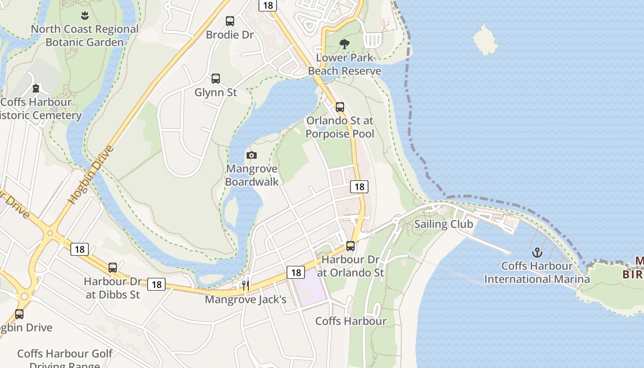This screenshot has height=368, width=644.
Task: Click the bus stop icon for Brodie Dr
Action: click(230, 21)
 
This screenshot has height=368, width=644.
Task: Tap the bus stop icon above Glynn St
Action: click(216, 79)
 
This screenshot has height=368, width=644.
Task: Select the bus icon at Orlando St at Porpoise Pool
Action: click(340, 107)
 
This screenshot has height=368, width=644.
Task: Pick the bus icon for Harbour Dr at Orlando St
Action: click(351, 246)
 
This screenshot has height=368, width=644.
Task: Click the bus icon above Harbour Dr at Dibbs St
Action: click(113, 267)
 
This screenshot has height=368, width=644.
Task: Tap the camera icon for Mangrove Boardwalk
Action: click(251, 155)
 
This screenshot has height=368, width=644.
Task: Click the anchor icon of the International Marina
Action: click(537, 253)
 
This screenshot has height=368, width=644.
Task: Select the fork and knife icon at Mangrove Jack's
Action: click(246, 286)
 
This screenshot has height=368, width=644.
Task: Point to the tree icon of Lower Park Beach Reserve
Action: click(344, 44)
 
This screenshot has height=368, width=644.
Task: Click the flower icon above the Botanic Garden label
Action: click(85, 16)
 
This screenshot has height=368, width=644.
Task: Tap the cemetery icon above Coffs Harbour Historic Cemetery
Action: click(36, 88)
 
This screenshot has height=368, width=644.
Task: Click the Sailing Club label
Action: click(443, 224)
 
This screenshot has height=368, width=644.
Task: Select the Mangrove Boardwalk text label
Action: click(252, 175)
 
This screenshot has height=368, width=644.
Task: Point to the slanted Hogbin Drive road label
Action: click(91, 175)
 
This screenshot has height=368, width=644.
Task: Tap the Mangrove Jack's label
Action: click(246, 299)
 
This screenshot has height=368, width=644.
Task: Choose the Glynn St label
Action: click(216, 92)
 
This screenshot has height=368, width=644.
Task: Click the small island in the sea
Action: click(485, 40)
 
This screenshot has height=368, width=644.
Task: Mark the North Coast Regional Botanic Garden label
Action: click(85, 35)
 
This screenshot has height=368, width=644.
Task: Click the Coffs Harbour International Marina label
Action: click(537, 272)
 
